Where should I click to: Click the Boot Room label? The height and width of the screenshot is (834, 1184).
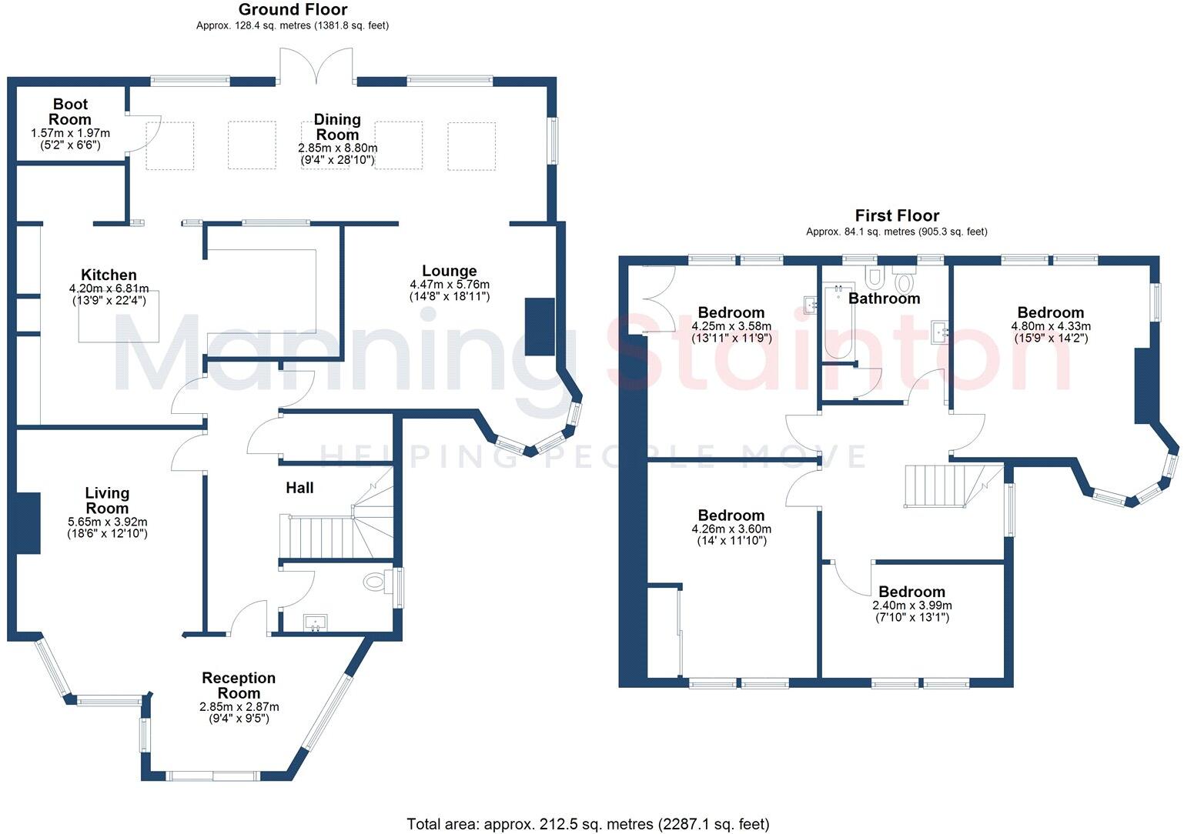pos(70,112)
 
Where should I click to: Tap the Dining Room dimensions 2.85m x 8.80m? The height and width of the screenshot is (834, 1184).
pos(337,148)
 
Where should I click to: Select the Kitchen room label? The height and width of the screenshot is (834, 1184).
pos(109,275)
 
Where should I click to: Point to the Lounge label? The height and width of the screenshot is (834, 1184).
pos(449,271)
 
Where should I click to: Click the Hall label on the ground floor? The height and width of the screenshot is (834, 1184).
pos(299,488)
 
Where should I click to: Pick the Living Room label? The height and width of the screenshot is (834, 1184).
pos(107,500)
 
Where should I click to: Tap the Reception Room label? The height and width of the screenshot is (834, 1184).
pos(239,685)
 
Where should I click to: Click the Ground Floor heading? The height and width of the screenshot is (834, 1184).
pos(293,10)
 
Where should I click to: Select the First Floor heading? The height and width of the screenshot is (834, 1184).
pos(897,215)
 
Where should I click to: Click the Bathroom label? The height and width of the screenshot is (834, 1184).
pos(884,299)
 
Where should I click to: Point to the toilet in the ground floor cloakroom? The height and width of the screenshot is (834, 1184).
pos(376,582)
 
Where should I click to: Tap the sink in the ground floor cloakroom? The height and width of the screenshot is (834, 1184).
pos(316,622)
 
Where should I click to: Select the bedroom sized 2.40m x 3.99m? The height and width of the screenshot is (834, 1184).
pos(911,592)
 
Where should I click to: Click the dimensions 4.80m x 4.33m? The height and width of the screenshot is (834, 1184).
pos(1050,326)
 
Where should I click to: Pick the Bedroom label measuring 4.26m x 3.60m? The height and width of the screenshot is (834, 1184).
pos(731,515)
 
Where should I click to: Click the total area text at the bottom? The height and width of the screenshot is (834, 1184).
pos(587,824)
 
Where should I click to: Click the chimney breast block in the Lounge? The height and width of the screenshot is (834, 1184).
pos(539,327)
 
